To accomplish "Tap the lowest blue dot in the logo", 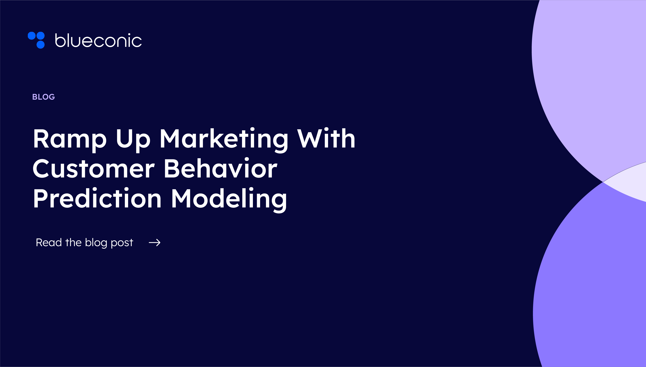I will click(x=41, y=44).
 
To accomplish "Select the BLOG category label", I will click(x=43, y=97).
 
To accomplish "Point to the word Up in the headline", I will click(x=133, y=139).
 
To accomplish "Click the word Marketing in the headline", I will click(x=224, y=139).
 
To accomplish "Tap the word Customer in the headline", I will click(x=93, y=169).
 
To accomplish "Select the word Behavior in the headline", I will click(x=221, y=169).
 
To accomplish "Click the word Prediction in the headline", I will click(x=97, y=199).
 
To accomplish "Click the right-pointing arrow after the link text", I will click(x=155, y=242).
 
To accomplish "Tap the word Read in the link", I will click(x=49, y=242).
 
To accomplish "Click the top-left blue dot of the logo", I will click(x=32, y=36).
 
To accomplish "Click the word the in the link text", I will click(x=73, y=242).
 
